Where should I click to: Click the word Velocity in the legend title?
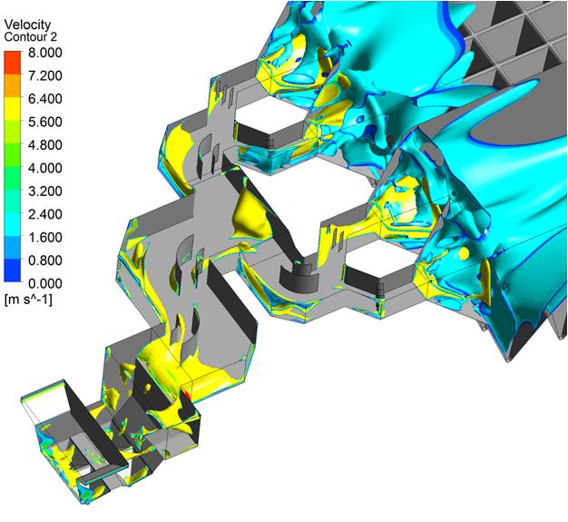[x=27, y=25]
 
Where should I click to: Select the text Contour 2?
[x=31, y=37]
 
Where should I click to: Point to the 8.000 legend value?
[x=45, y=53]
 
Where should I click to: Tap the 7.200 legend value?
[x=45, y=75]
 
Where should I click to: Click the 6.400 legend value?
[x=45, y=99]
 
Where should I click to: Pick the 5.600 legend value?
[x=45, y=122]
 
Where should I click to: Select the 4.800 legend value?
[x=45, y=145]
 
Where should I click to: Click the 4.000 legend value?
[x=45, y=168]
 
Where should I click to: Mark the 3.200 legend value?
[x=45, y=191]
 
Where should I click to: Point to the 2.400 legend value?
[x=45, y=214]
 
